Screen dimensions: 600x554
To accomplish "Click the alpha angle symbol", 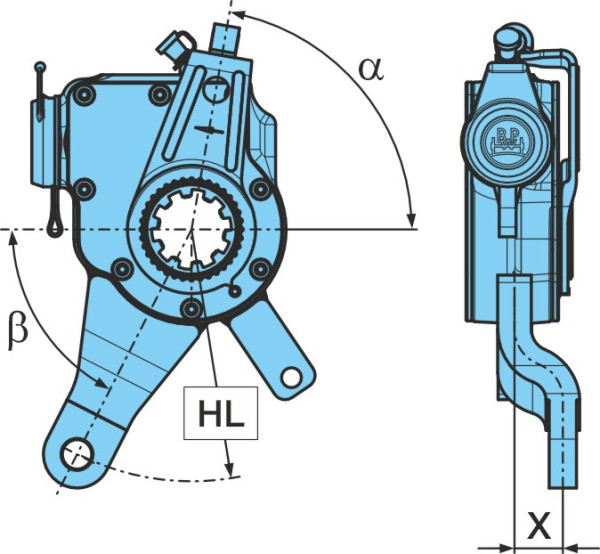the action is [x=370, y=70].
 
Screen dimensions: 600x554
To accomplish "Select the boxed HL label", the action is [x=221, y=413].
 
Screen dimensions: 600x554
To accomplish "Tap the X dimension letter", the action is [x=539, y=524].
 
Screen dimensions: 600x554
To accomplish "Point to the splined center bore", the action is [x=192, y=230].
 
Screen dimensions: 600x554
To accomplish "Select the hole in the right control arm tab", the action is [x=292, y=377].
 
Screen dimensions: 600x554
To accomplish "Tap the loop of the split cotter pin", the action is [x=55, y=226].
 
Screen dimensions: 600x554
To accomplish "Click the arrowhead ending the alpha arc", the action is [x=411, y=219].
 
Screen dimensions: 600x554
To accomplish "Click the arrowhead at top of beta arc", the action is [x=13, y=239].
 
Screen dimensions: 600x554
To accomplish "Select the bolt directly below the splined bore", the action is [x=192, y=308].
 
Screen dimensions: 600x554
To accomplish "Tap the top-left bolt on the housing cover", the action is [x=84, y=95].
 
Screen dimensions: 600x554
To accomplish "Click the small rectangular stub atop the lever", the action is [x=225, y=37].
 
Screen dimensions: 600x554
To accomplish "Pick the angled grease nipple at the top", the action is [x=176, y=45].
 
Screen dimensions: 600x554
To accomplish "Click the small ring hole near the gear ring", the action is [x=234, y=292].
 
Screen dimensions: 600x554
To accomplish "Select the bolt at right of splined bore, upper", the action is [x=261, y=189].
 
